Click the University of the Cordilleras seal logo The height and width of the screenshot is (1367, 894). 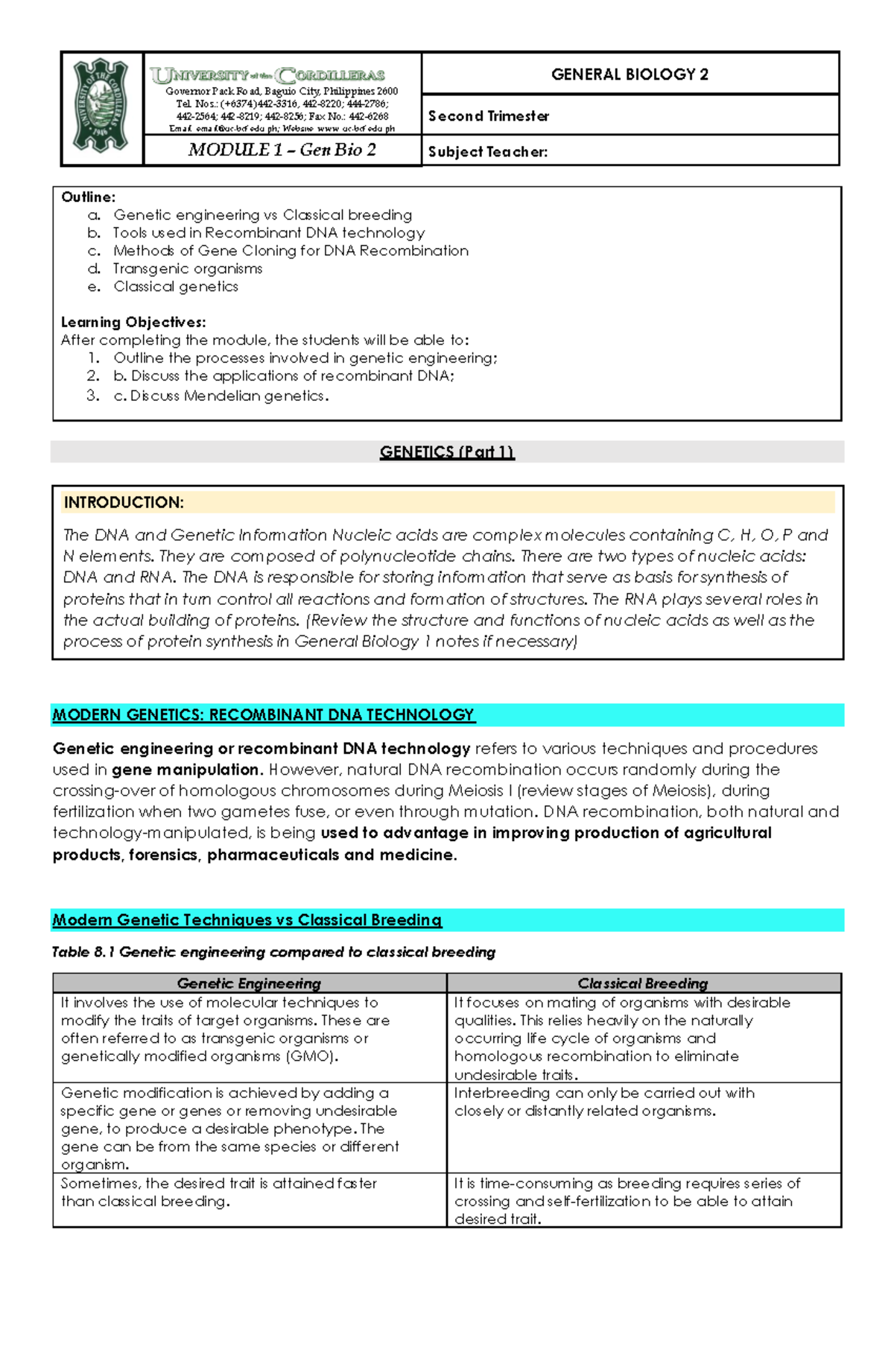[101, 107]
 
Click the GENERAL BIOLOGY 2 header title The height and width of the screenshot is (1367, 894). [630, 74]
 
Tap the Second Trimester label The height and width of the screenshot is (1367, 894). [489, 116]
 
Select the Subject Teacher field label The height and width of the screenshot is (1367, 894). [488, 152]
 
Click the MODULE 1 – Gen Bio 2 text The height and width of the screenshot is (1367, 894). [282, 150]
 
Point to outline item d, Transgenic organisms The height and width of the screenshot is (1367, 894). [187, 269]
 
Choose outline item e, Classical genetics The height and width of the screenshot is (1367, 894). [176, 287]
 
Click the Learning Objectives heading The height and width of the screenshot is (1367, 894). [133, 323]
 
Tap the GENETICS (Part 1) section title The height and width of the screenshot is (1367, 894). [447, 452]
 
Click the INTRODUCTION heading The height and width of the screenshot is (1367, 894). [124, 503]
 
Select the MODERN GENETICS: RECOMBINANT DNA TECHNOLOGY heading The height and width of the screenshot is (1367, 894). [263, 715]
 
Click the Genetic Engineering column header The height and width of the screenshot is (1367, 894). [249, 983]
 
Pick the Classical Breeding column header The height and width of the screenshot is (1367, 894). [643, 983]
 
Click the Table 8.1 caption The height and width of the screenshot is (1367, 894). [273, 952]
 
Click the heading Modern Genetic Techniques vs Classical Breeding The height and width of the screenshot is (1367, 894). [247, 920]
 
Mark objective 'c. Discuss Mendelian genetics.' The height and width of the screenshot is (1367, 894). [221, 396]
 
